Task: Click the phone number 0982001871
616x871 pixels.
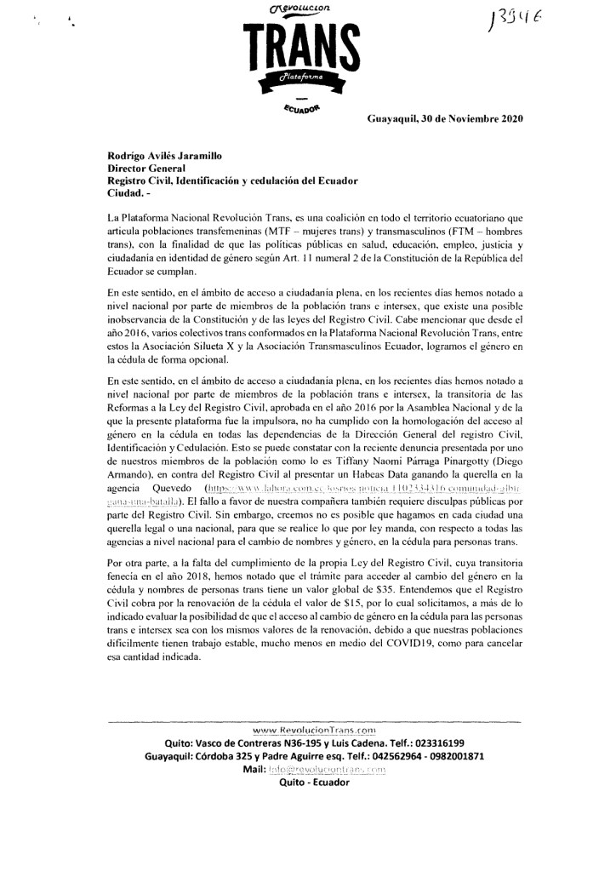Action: [x=446, y=756]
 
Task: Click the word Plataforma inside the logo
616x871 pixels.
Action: [x=304, y=77]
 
